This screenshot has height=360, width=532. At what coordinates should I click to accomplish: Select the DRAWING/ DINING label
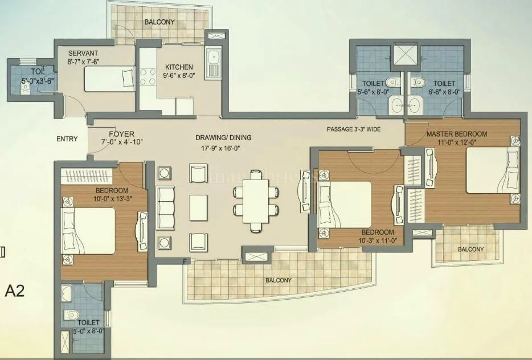[223, 137]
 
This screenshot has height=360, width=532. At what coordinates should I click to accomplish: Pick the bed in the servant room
[109, 79]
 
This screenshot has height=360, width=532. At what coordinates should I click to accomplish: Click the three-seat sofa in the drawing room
[165, 207]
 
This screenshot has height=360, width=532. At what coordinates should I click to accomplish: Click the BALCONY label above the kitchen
[159, 22]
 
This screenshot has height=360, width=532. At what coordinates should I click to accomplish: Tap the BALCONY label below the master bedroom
[470, 249]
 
